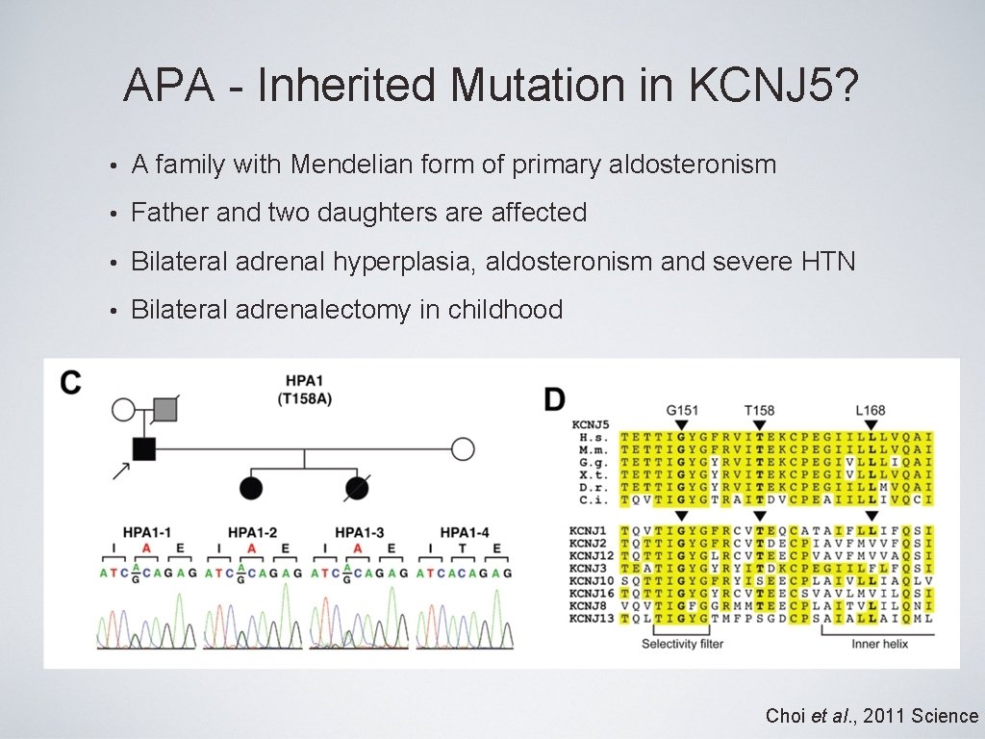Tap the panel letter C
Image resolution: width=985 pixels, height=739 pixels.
[70, 383]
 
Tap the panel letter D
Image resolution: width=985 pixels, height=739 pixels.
[555, 399]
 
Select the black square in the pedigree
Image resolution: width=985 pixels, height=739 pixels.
[143, 448]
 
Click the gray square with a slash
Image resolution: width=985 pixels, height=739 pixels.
[165, 410]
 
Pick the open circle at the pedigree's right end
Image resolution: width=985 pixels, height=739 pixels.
[463, 448]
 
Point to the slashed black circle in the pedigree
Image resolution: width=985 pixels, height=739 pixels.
[357, 488]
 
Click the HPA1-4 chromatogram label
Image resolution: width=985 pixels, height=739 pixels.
[465, 532]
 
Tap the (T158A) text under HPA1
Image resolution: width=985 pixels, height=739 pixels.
[304, 398]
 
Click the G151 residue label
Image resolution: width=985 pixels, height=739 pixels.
[680, 410]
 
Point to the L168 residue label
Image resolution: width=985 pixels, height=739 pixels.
[871, 410]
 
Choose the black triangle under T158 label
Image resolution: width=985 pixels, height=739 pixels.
[759, 424]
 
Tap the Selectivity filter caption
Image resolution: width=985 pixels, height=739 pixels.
[682, 644]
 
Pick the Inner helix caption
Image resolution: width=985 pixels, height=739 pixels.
[879, 644]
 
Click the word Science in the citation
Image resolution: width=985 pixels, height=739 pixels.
[945, 716]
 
